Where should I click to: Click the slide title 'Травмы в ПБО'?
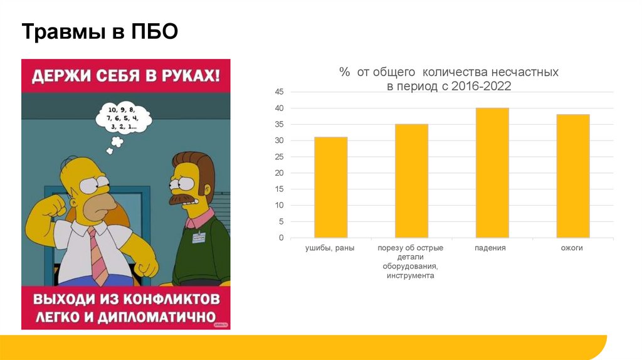click(100, 32)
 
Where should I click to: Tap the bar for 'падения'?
click(492, 173)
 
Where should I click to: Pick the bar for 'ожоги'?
click(572, 176)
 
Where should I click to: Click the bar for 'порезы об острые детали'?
click(411, 181)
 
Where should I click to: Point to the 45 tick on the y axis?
click(280, 92)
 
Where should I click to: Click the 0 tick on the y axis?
click(282, 238)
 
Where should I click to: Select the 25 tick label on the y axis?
click(280, 157)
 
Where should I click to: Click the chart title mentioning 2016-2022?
click(448, 80)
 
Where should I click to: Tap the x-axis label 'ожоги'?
click(572, 248)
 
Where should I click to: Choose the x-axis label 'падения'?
click(490, 248)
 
